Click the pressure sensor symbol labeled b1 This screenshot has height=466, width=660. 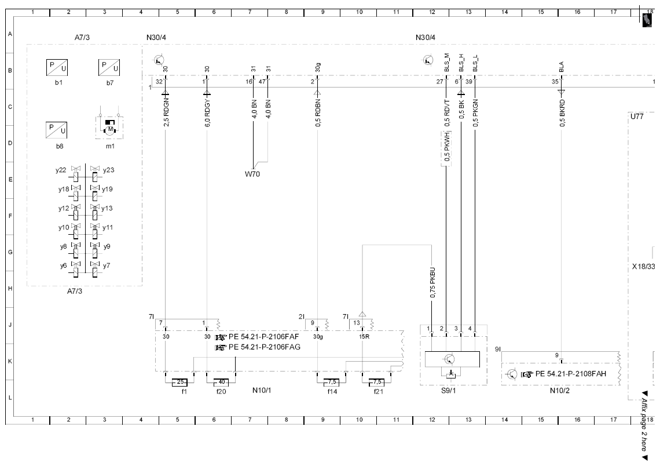point(57,68)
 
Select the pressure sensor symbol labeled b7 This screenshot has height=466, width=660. point(109,68)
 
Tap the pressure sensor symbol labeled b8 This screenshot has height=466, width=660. point(56,130)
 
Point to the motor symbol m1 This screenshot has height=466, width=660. point(110,128)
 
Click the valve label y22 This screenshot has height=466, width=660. point(61,170)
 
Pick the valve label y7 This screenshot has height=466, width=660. point(107,265)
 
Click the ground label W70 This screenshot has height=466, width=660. point(252,174)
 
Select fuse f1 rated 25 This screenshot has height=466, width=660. point(179,382)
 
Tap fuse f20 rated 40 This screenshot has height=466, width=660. point(221,382)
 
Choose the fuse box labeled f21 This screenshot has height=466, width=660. point(376,382)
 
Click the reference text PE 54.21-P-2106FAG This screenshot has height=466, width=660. point(265,347)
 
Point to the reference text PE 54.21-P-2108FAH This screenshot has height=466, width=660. point(571,374)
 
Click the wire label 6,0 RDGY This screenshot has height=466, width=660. point(207,114)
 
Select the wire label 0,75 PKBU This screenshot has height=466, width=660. point(432,283)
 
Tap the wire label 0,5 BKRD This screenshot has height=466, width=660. point(562,114)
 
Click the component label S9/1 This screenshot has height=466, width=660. point(448,391)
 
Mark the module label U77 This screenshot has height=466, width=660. point(636,116)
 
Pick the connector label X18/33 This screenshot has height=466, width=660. point(644,267)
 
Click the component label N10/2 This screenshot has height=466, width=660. point(559,391)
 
